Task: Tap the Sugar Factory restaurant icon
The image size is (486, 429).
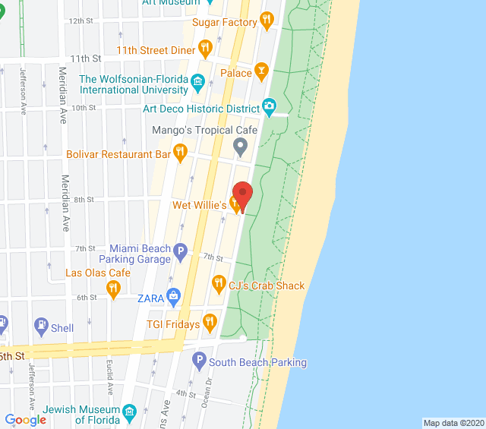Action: point(266,22)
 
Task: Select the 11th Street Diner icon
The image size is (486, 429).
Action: point(204,50)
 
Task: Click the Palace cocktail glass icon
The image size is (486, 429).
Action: point(262,73)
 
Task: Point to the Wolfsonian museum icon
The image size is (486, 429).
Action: point(198,80)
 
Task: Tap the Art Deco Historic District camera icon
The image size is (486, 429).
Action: point(269,106)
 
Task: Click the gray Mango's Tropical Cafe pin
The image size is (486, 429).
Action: point(241,145)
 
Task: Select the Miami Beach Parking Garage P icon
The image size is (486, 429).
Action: point(180,250)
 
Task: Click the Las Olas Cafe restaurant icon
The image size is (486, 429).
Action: point(113,287)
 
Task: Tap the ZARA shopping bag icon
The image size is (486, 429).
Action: point(174,296)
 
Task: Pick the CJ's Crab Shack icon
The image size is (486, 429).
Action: point(219,285)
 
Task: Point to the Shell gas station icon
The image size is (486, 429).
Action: point(41,327)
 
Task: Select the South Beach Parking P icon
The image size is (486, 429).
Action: point(199,360)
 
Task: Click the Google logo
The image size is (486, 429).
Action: point(25,419)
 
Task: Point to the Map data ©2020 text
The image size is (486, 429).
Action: point(453,423)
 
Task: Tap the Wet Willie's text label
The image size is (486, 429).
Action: point(200,205)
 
